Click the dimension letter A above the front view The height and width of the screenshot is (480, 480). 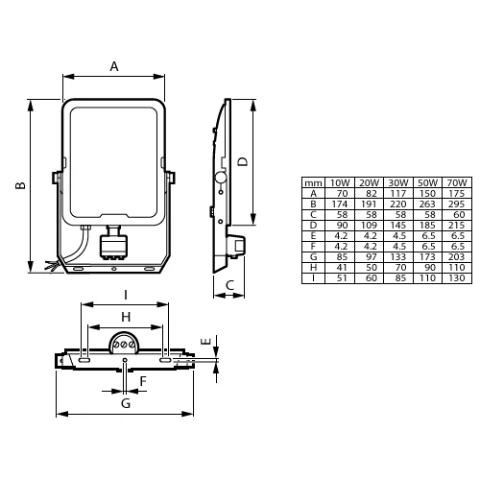113,66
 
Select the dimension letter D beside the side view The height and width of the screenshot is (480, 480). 243,161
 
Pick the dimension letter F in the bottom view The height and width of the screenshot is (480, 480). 142,381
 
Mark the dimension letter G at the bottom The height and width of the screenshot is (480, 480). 125,403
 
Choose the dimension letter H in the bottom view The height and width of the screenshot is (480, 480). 125,317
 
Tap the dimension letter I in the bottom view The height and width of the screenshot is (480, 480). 125,295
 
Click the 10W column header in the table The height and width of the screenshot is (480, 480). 340,182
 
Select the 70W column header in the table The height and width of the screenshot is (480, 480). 457,182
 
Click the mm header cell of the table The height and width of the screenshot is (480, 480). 313,182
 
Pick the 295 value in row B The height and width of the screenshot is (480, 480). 457,204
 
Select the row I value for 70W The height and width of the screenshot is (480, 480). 457,278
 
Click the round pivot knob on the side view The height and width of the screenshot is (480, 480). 220,178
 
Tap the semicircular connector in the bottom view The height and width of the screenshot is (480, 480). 125,341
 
